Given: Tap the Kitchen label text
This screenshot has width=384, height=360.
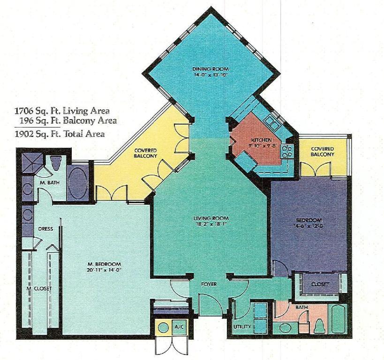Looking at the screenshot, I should (x=259, y=140).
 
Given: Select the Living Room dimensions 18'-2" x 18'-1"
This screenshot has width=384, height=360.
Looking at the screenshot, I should (x=211, y=224).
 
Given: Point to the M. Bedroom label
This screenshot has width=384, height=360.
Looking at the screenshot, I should (x=107, y=263).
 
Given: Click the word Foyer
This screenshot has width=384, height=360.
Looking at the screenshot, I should (x=209, y=284).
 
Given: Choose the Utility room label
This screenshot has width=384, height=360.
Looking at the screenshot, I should (x=242, y=326).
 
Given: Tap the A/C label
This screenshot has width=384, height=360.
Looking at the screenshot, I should (x=178, y=326).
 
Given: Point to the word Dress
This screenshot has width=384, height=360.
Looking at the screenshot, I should (x=45, y=229).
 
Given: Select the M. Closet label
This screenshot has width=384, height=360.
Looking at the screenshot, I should (x=39, y=288).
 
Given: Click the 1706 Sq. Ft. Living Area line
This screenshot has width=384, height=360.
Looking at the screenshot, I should (x=62, y=111).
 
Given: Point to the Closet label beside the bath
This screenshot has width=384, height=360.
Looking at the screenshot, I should (x=320, y=284).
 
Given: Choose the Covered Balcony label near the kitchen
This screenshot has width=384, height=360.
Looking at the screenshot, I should (x=322, y=151).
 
